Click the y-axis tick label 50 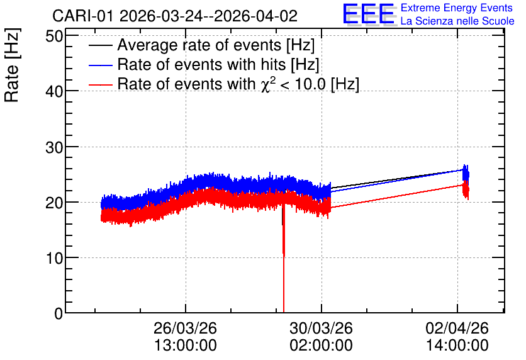click(x=54, y=36)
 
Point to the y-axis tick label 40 click(x=54, y=91)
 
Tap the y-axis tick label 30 click(x=54, y=147)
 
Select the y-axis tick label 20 click(x=54, y=202)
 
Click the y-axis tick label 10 click(x=54, y=258)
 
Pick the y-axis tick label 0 click(x=59, y=313)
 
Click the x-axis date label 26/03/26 click(x=185, y=328)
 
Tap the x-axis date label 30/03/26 click(x=322, y=328)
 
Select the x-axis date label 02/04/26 click(x=457, y=328)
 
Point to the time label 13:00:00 click(x=185, y=346)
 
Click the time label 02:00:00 click(x=322, y=346)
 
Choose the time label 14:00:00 click(x=457, y=346)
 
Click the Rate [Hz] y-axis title click(x=12, y=65)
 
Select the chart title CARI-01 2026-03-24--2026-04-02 click(x=175, y=16)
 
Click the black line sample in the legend click(x=100, y=45)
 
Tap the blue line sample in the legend click(x=100, y=65)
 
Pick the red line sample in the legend click(x=100, y=84)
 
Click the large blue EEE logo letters click(x=369, y=14)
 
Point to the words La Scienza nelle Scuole click(x=457, y=21)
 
